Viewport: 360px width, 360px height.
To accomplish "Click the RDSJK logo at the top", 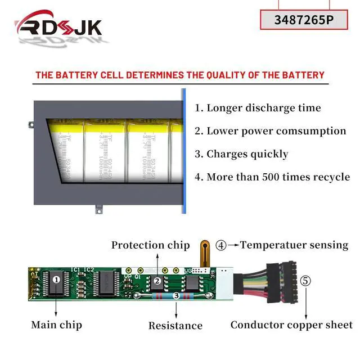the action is (x=59, y=26).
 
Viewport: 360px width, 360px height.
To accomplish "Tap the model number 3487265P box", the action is (x=303, y=19).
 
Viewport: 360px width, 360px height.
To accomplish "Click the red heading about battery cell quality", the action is (x=180, y=75).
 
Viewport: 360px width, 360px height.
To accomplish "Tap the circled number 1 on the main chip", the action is (x=56, y=278).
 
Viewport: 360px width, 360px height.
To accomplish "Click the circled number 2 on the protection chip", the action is (x=158, y=281).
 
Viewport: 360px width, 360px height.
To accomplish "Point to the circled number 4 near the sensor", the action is (x=222, y=245).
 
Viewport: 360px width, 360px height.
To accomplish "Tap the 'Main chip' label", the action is (x=56, y=325).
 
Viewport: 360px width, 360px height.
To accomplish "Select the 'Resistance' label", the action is (x=175, y=326).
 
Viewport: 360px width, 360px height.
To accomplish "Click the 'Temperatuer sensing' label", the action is (x=294, y=245).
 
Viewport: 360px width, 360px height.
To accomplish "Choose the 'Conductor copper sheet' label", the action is (x=291, y=325).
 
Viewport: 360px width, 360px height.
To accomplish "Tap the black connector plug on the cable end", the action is (x=285, y=281).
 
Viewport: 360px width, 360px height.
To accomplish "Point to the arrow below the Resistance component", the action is (x=176, y=309).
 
